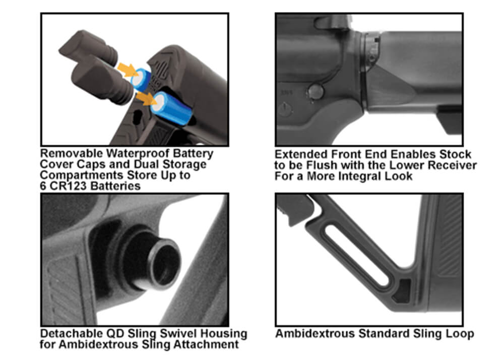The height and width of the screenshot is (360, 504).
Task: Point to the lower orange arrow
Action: point(146,98)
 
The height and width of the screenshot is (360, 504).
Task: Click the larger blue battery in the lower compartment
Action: point(171,108)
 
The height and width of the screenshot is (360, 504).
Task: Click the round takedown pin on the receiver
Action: point(316,92)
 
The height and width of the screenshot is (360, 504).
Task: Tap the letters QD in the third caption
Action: point(115,334)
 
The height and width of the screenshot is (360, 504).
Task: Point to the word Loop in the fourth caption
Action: point(461,334)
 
